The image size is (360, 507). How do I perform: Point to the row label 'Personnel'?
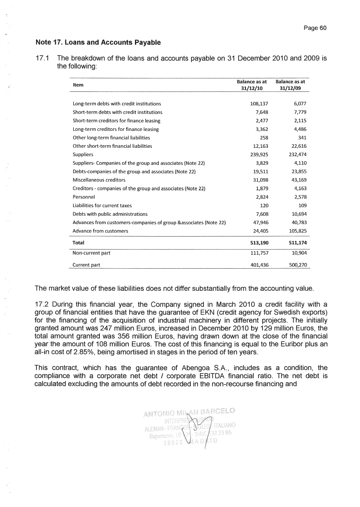(x=84, y=196)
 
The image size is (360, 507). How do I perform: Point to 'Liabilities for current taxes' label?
(x=102, y=205)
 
